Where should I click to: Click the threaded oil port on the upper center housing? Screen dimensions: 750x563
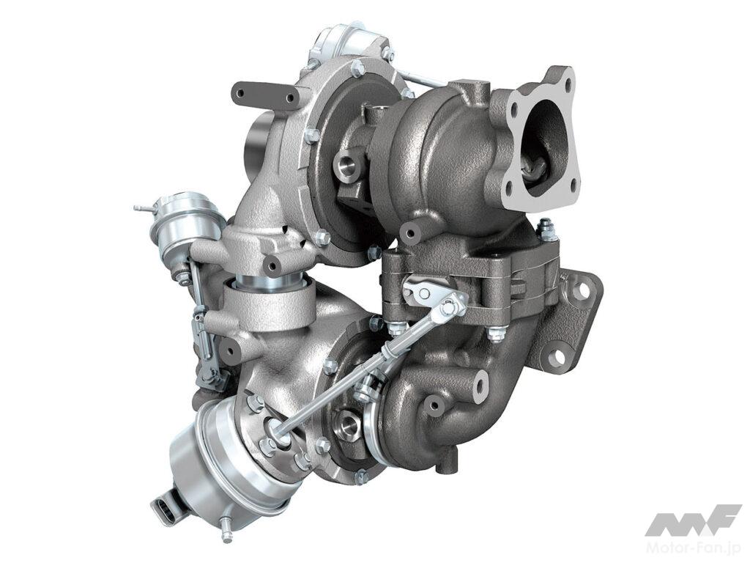[348, 165]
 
